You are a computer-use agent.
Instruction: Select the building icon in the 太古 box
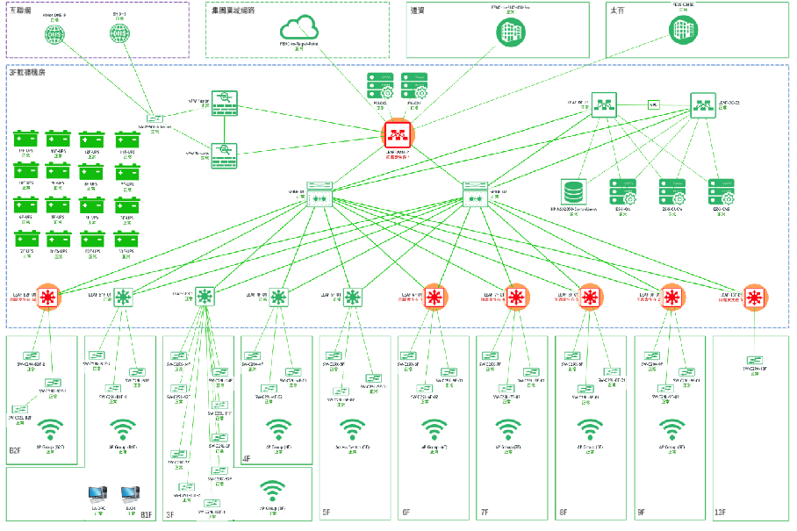(x=679, y=30)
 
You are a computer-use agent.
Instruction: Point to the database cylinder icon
(x=574, y=191)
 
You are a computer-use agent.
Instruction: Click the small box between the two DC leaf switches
(x=653, y=104)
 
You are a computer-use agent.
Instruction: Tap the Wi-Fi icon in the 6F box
(x=432, y=430)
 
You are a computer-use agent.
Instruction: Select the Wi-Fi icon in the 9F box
(x=671, y=430)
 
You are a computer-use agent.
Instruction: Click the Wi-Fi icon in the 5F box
(x=353, y=430)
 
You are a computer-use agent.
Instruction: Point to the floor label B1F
(x=146, y=514)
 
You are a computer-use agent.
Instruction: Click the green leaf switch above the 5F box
(x=353, y=297)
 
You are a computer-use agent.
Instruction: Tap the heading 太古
(x=617, y=11)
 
